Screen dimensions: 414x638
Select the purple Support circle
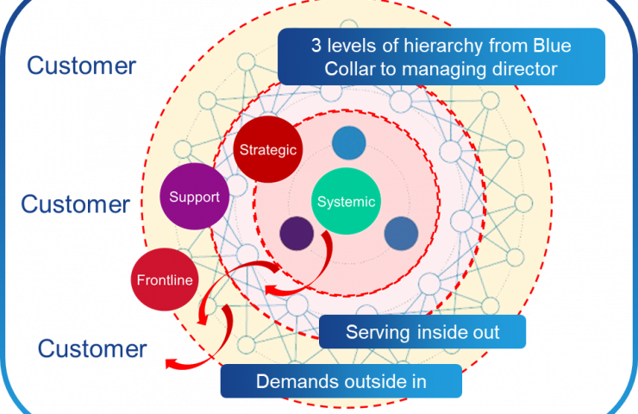(194, 197)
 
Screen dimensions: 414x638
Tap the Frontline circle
(164, 279)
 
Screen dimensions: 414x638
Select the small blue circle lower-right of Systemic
(400, 234)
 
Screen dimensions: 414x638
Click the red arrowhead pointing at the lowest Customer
(171, 363)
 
